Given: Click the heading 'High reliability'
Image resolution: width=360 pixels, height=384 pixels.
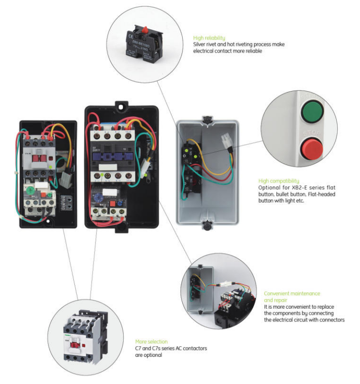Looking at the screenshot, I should [x=209, y=38].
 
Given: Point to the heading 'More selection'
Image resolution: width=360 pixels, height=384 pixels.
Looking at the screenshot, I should [x=151, y=342].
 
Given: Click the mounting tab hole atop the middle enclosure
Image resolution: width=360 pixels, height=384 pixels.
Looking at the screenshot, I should [x=119, y=106].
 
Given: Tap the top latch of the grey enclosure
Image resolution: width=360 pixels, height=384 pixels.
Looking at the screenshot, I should [x=206, y=118].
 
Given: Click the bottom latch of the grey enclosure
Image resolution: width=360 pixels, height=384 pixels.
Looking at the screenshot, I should [x=206, y=226].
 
